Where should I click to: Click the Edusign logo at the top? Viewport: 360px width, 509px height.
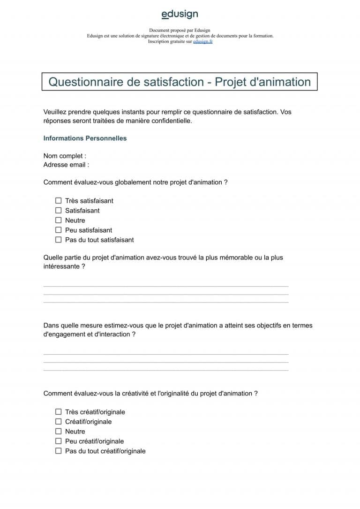click(180, 15)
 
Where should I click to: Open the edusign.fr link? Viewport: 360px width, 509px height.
click(202, 41)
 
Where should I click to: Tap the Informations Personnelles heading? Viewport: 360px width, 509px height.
click(85, 138)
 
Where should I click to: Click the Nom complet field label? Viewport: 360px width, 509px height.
click(65, 156)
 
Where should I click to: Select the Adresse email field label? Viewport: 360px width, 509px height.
click(66, 165)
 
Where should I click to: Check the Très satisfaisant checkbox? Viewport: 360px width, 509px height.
click(59, 201)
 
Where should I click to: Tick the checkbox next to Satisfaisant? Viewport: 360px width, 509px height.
click(59, 211)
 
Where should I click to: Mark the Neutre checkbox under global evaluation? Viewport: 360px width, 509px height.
click(59, 220)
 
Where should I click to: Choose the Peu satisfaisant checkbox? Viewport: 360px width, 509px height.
click(59, 230)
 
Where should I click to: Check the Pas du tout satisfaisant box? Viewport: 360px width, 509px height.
click(59, 240)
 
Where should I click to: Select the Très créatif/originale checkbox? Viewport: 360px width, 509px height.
click(59, 412)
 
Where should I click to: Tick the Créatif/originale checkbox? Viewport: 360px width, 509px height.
click(59, 422)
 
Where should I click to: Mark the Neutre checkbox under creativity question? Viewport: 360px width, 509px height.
click(59, 431)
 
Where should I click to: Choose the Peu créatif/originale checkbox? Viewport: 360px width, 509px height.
click(59, 441)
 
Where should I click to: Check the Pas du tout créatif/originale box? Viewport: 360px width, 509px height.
click(59, 451)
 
